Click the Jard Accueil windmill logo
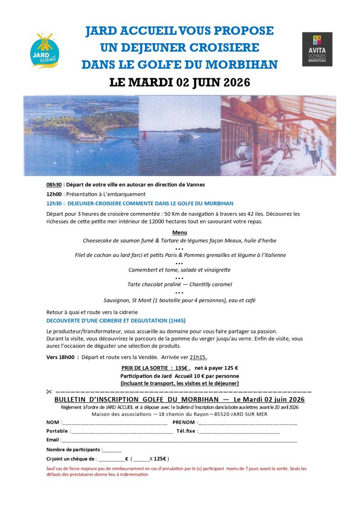[45, 50]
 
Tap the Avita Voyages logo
[317, 49]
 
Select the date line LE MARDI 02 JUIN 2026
[180, 82]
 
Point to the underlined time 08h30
[54, 185]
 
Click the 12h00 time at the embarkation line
[54, 194]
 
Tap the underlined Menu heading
[180, 233]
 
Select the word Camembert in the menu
[144, 270]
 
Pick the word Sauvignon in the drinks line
[118, 300]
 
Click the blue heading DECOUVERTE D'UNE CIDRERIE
[116, 321]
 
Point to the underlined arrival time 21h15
[198, 357]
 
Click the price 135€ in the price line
[182, 368]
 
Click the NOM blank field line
[114, 424]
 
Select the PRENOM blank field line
[247, 424]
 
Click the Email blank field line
[178, 441]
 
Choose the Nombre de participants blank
[112, 451]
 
